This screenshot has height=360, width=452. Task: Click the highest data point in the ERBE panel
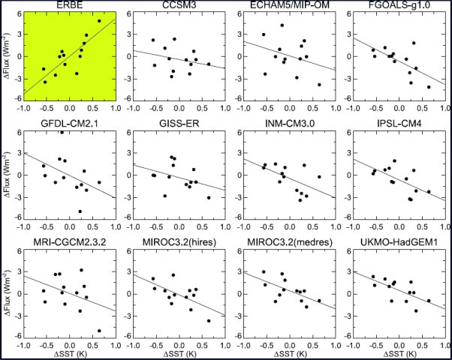tap(99, 22)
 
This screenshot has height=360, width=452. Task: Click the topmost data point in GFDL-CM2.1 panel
tap(62, 132)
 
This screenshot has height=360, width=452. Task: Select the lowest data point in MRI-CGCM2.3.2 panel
tap(99, 331)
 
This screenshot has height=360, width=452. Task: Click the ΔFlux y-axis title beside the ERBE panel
tap(8, 57)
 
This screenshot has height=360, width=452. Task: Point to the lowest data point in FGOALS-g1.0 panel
tap(429, 87)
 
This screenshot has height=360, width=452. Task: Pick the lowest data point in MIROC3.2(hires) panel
tap(208, 320)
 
